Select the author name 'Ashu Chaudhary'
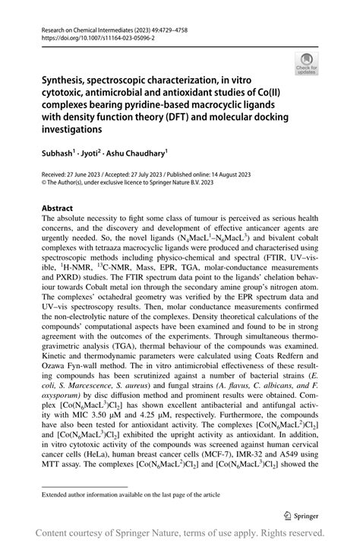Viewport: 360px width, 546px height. (139, 153)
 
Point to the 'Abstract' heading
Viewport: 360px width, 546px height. (57, 208)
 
